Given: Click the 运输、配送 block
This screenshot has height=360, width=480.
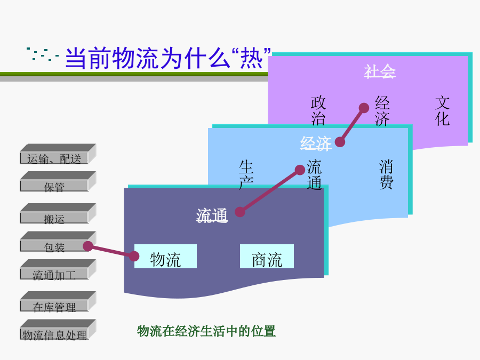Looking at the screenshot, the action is pos(58,154).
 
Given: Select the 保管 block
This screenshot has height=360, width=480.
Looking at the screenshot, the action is pos(58,182).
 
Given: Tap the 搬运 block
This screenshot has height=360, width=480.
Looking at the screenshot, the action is pos(58,214).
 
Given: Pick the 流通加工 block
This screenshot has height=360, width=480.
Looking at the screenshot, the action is pos(58,270).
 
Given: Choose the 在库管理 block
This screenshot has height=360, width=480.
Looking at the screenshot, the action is pos(58,301).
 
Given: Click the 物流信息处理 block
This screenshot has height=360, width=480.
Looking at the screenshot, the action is pos(58,330).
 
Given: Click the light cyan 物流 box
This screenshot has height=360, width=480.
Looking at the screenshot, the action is pos(166,256).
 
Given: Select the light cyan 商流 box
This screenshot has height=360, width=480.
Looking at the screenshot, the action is pos(267,256).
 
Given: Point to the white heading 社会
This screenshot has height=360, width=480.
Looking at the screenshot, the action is pos(380,71).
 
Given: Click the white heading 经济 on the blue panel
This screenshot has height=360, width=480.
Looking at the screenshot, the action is pos(316,143).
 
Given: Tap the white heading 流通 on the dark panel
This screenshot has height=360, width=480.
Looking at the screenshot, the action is pos(212,215).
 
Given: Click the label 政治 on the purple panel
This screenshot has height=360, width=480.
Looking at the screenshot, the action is pos(318,110).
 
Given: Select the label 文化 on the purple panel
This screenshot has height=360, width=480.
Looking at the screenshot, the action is pos(442,110).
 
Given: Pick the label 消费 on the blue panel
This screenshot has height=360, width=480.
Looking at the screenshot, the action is pos(386,174).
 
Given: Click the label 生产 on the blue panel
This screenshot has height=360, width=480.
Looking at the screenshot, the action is pos(246,174).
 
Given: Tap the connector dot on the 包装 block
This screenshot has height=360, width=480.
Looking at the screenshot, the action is pos(88,246).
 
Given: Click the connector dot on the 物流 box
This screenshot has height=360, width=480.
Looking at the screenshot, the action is pos(134,256).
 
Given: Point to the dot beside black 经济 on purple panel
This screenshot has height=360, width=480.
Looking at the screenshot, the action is pos(364,108).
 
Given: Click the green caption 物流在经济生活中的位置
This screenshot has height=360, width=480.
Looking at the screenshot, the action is pos(206,331).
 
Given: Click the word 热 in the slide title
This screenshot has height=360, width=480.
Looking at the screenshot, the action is pos(251,58).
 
